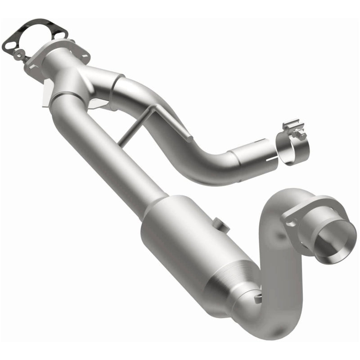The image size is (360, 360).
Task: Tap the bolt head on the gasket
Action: (19, 54)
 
